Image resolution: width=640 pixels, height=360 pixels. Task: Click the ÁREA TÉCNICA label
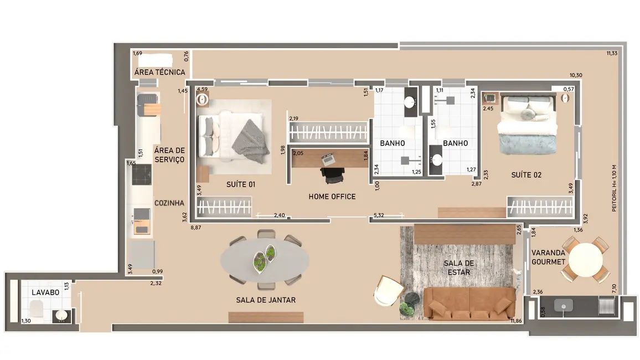click(x=160, y=73)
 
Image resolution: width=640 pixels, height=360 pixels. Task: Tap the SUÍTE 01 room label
click(x=241, y=184)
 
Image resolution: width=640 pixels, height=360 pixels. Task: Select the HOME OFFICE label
click(x=332, y=197)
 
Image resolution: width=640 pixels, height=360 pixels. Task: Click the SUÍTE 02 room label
click(x=526, y=175)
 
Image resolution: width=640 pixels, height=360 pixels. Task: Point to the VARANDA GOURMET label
click(x=548, y=257)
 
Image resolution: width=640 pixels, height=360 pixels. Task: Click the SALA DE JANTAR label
click(x=266, y=300)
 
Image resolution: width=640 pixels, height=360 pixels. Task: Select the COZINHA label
click(x=169, y=203)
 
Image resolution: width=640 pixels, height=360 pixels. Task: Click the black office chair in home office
click(x=333, y=174)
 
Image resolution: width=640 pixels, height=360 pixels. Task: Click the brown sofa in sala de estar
click(x=467, y=304)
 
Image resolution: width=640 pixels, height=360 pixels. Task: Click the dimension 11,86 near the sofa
click(x=516, y=321)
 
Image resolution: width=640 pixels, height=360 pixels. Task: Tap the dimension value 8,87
click(x=196, y=227)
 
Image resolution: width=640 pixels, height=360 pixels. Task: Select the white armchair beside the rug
click(x=389, y=290)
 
